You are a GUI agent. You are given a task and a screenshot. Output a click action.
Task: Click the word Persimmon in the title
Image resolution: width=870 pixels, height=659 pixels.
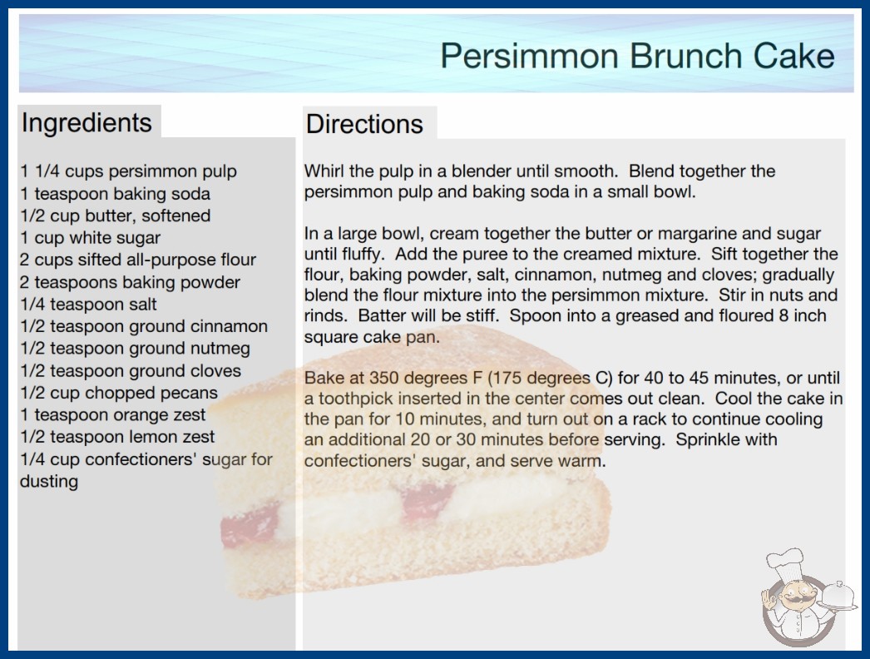[529, 56]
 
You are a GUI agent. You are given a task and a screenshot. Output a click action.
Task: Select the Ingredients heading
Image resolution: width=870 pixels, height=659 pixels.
[87, 123]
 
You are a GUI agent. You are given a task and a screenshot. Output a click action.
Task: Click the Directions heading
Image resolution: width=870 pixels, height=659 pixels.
[364, 124]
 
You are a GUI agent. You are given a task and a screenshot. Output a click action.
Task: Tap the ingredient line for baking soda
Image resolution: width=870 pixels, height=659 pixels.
[116, 194]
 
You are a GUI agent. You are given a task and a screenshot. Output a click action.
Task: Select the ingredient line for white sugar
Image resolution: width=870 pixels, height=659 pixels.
[91, 238]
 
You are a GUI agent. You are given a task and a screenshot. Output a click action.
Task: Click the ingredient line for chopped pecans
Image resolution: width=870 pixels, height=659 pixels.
[119, 393]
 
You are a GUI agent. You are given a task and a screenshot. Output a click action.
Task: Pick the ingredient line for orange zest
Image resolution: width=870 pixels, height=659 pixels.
[112, 414]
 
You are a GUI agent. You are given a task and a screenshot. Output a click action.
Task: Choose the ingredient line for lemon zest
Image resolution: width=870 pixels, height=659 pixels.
[117, 437]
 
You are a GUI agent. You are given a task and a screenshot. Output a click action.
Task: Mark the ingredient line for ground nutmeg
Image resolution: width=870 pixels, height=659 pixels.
[135, 349]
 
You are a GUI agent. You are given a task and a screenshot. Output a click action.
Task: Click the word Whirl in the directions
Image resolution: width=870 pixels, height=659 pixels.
[324, 171]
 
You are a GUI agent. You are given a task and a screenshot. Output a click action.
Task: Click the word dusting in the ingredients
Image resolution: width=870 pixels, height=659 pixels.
[49, 481]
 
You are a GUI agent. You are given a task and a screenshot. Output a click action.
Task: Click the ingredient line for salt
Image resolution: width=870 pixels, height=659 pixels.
[88, 305]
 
